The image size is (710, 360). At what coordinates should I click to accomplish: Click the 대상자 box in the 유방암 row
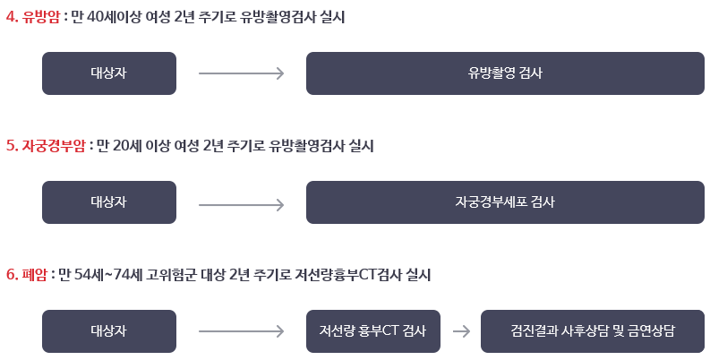[108, 73]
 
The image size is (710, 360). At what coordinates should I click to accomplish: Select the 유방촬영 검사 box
[503, 73]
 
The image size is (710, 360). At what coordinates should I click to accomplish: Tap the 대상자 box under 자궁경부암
[108, 202]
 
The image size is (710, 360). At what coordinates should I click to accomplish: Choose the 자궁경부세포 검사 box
[503, 202]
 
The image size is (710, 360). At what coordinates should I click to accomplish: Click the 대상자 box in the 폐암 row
[108, 331]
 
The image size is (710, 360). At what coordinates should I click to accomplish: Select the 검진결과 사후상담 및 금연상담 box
[592, 331]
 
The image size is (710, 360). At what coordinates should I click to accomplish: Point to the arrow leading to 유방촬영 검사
[241, 73]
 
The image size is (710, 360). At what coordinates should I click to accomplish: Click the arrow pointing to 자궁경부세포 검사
[241, 202]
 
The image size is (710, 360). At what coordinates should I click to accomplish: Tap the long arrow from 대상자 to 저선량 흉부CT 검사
[241, 331]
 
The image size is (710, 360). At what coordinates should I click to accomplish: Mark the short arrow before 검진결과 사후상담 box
[461, 331]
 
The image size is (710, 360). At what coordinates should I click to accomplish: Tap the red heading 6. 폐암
[27, 275]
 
